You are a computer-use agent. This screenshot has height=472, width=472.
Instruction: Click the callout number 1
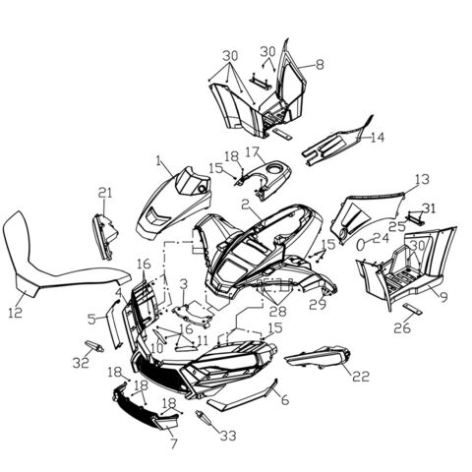coord(158,158)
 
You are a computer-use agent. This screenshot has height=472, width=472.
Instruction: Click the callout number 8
coord(319,64)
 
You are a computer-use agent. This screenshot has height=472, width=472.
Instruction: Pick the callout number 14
coord(378,138)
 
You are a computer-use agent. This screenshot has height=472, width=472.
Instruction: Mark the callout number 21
coord(104,192)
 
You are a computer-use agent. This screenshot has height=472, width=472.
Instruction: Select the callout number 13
coord(422,179)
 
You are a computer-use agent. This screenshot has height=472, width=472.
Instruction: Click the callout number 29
coord(318,307)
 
